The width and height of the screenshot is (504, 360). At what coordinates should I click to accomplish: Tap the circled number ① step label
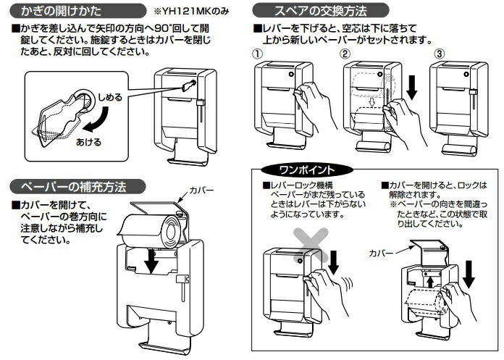(x=257, y=54)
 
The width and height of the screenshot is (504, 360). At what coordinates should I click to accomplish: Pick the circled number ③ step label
(x=438, y=54)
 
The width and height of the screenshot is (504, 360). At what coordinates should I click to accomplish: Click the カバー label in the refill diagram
(x=201, y=189)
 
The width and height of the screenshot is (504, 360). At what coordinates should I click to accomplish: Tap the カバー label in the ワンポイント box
(x=382, y=254)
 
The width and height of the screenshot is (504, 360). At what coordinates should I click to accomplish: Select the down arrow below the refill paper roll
(x=151, y=262)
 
